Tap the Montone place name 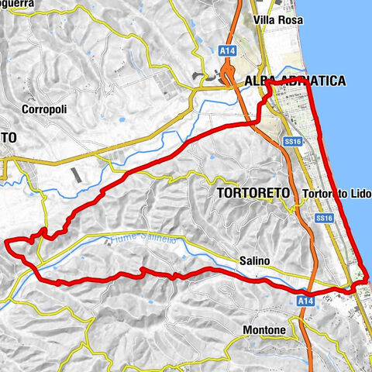[264, 330]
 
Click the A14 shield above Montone [305, 300]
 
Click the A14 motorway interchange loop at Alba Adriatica [228, 75]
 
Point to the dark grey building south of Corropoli [76, 176]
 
